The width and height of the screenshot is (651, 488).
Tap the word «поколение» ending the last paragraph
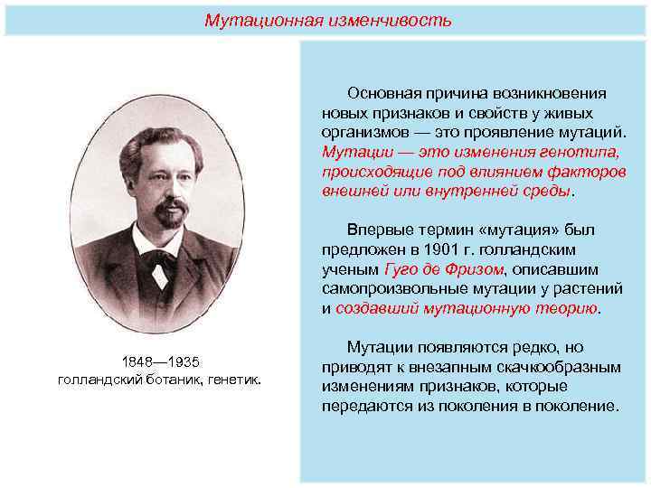point(580,407)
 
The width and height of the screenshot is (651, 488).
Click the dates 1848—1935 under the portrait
point(158,362)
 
